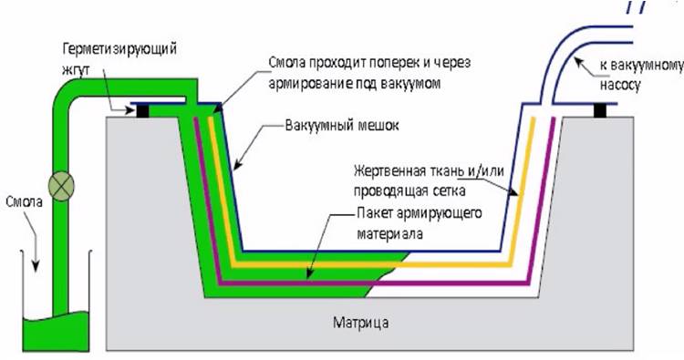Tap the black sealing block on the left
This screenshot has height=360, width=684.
[143, 110]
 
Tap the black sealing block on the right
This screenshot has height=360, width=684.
[600, 110]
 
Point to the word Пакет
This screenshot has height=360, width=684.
[371, 212]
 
